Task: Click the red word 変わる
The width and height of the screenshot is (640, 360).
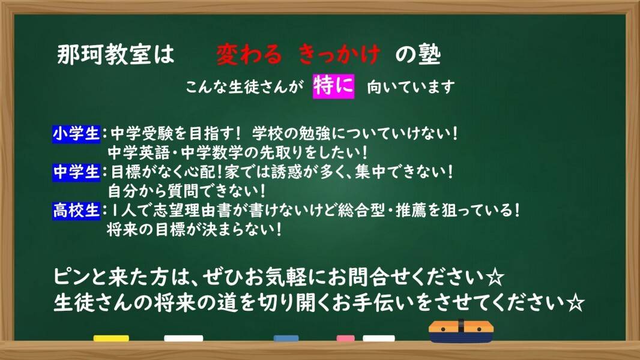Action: (249, 55)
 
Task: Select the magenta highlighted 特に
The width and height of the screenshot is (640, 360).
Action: (333, 86)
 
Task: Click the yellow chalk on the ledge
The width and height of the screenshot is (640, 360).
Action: (111, 338)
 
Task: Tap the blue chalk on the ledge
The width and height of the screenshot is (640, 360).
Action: (286, 338)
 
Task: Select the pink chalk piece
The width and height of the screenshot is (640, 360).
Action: (345, 338)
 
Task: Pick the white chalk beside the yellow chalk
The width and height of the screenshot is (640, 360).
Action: (183, 338)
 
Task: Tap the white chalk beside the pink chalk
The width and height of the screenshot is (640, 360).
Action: (379, 338)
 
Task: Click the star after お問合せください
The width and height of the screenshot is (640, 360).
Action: (495, 278)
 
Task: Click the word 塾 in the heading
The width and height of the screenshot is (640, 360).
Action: (430, 55)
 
